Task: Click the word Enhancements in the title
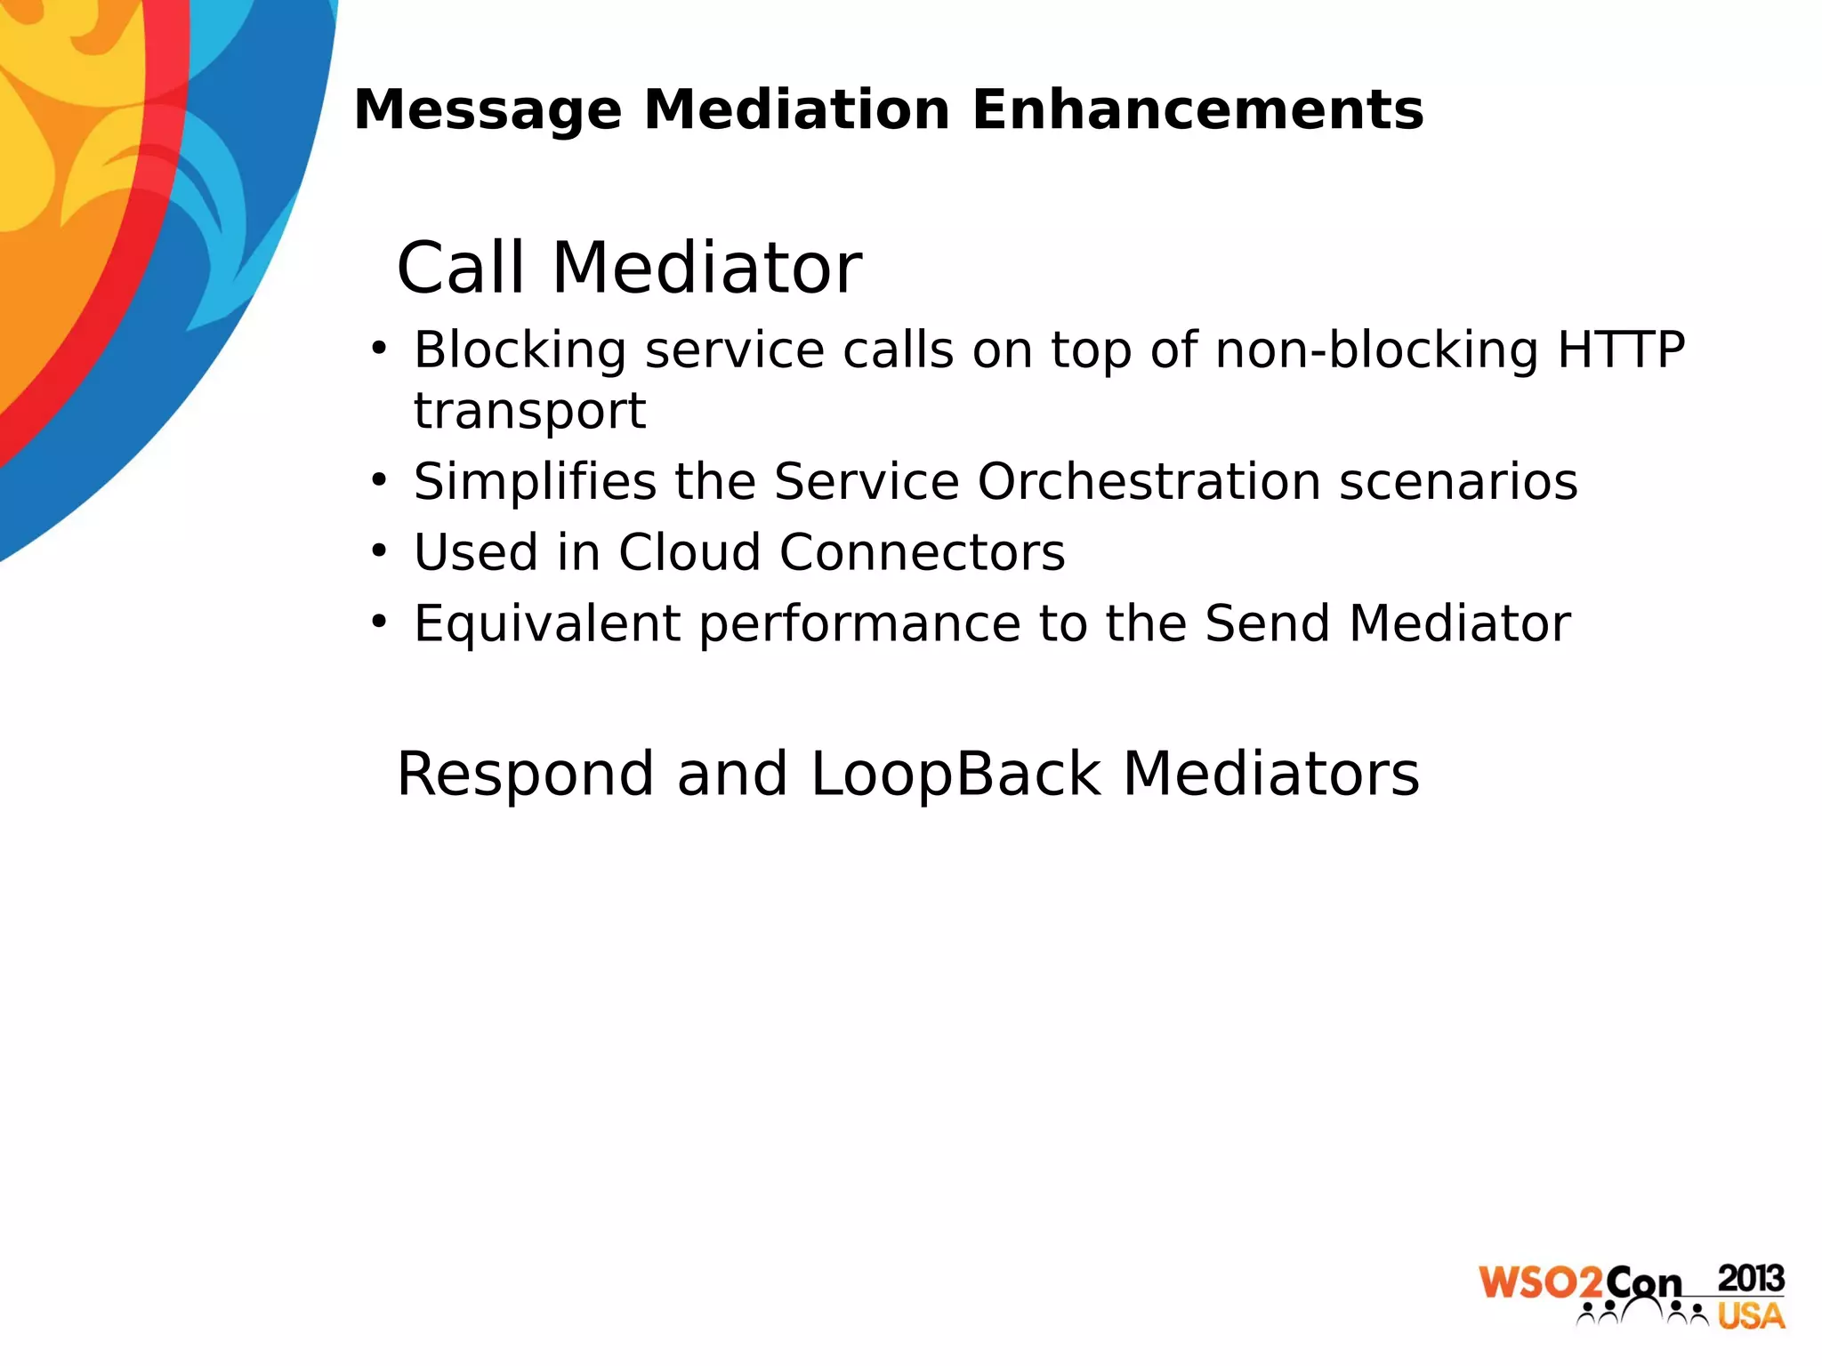click(1197, 110)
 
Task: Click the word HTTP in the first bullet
click(1620, 350)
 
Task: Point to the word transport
click(529, 412)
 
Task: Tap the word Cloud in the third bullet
click(689, 552)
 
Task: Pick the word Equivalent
click(547, 623)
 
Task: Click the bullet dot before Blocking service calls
click(380, 348)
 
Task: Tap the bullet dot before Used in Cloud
click(380, 551)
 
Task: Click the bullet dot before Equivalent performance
click(380, 622)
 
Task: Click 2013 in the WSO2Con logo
click(1750, 1279)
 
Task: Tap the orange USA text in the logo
click(1750, 1316)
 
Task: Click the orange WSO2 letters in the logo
click(1541, 1283)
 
